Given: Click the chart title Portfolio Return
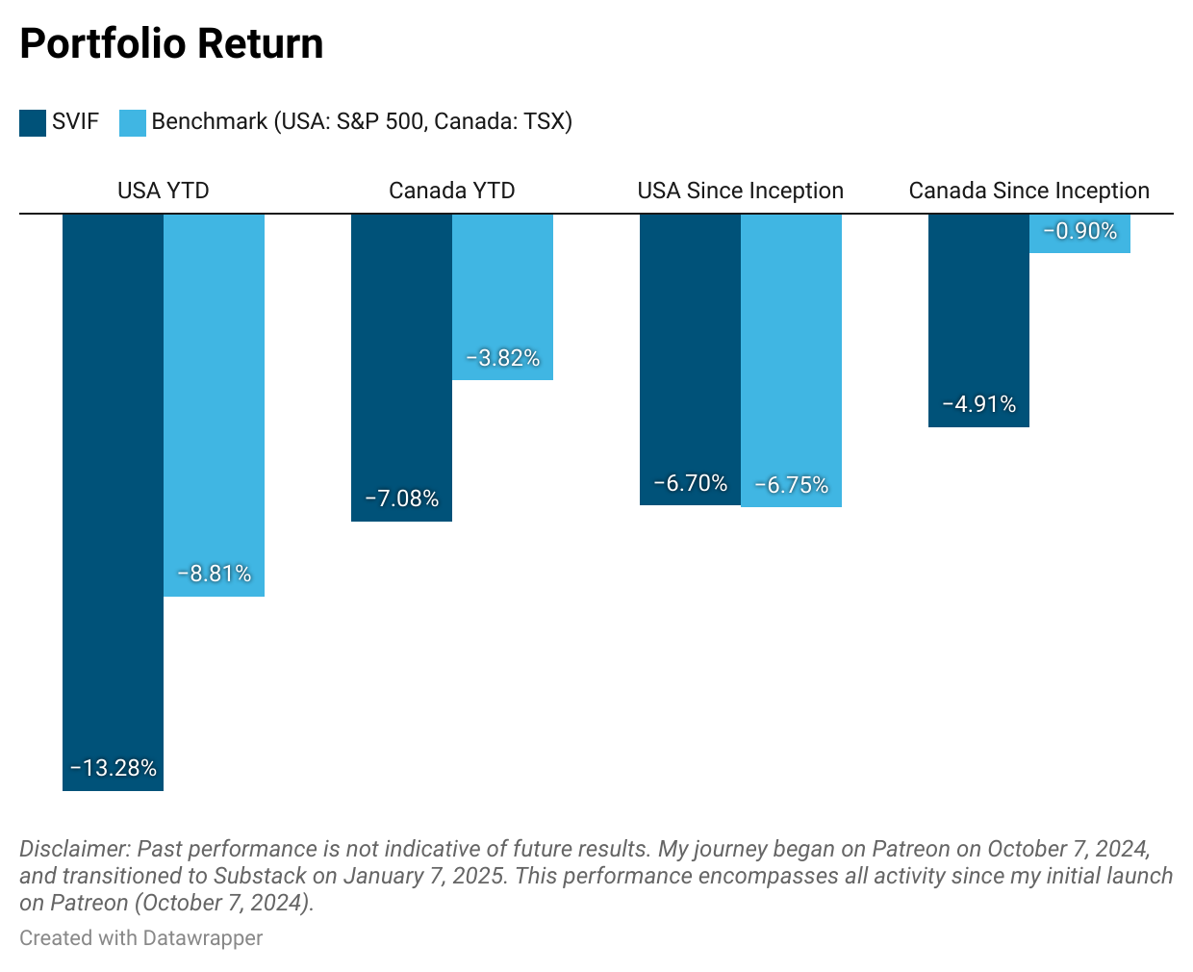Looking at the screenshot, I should (171, 44).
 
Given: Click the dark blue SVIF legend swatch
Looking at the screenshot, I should (33, 122).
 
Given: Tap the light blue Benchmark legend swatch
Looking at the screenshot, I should (133, 122).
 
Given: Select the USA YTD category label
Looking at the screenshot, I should (163, 191).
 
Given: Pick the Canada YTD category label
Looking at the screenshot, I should (451, 191).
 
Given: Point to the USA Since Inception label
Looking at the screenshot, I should (740, 191).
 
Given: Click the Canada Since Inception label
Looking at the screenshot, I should (1028, 191).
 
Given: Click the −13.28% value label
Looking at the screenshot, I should (114, 768).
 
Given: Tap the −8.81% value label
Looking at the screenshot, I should (214, 574).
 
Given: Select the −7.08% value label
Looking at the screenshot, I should (402, 499).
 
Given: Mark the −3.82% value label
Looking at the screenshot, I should (502, 358).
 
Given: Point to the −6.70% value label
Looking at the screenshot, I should (691, 483).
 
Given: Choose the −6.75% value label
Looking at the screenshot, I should (791, 485).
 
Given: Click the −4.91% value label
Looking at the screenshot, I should (979, 404).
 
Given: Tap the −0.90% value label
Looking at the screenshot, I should (1079, 231).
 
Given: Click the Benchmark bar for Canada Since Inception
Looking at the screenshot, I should (1079, 245).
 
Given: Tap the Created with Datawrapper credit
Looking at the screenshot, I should (140, 938).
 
